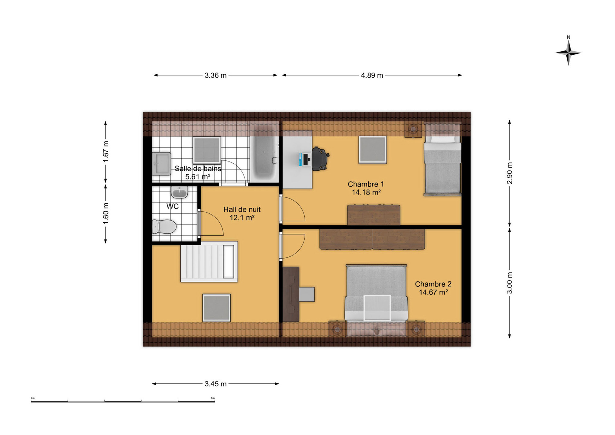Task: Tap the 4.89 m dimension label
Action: (372, 76)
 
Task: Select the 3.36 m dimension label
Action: (215, 76)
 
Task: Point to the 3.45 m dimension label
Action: (215, 384)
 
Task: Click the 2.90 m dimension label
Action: (510, 173)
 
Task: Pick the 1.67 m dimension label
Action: (106, 152)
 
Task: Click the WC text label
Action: (172, 206)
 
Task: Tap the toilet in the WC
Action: (164, 227)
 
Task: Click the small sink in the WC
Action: (180, 192)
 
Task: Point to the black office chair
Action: (320, 159)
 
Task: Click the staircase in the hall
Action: (209, 262)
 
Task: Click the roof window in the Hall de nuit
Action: (216, 308)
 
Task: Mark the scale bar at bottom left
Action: (123, 401)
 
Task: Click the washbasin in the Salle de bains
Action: (161, 164)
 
